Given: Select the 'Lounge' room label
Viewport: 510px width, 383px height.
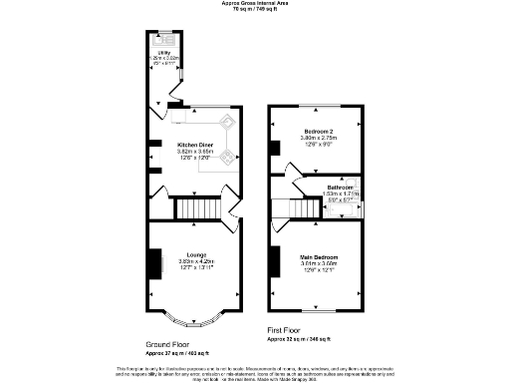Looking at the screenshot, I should click(195, 253).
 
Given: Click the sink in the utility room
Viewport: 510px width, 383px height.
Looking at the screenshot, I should click(165, 41).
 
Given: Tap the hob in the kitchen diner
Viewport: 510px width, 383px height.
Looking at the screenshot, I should click(226, 157).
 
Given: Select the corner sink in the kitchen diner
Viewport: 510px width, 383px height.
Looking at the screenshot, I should click(226, 123).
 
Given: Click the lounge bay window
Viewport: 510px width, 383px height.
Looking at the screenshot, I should click(195, 321).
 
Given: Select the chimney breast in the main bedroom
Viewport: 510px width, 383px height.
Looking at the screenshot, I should click(273, 261).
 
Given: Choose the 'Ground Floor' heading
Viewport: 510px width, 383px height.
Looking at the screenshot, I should click(169, 342).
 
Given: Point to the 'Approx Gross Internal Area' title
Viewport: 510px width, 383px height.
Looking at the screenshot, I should click(254, 4).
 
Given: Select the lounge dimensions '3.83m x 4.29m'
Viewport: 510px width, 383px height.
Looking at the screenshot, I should click(195, 260).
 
